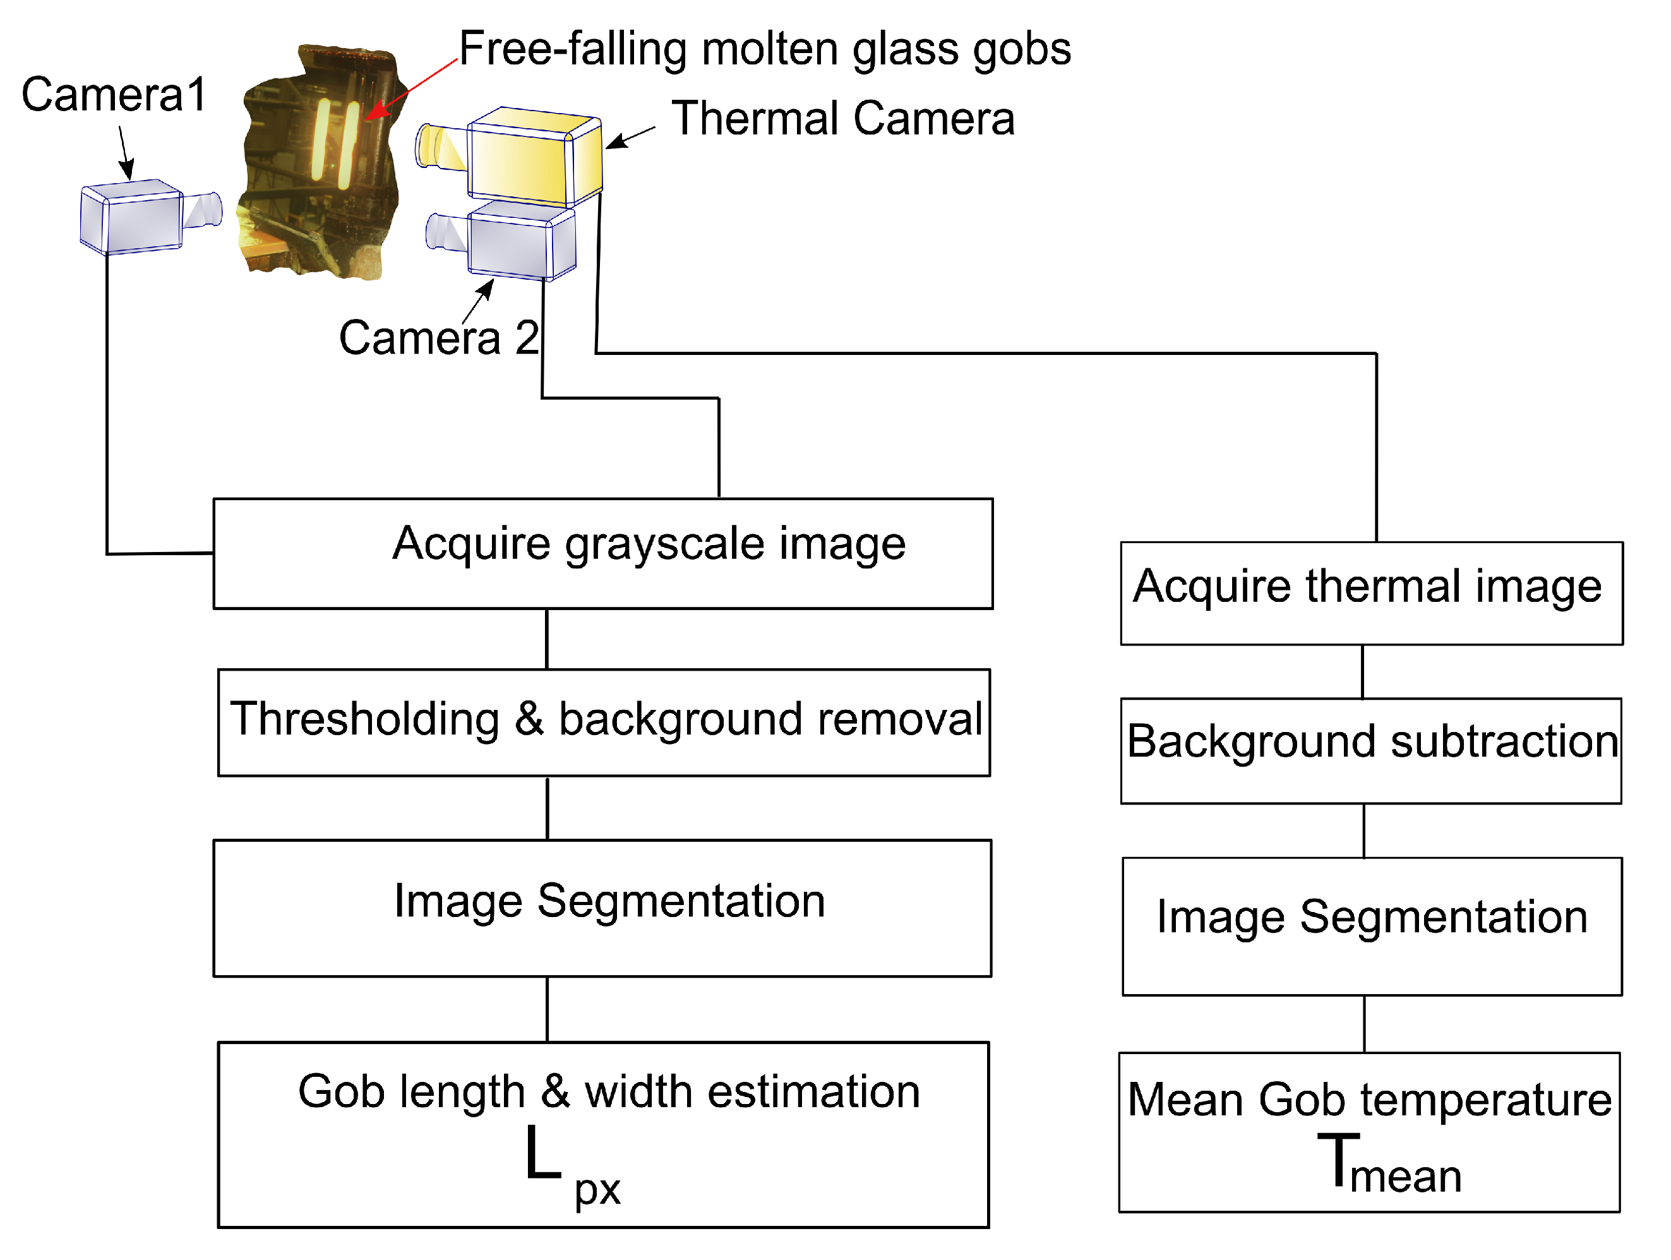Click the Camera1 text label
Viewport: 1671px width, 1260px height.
click(113, 95)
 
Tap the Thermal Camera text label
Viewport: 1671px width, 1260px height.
click(842, 119)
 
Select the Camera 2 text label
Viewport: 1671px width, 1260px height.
click(438, 338)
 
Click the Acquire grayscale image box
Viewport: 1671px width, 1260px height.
click(603, 554)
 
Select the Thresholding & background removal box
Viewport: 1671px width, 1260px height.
click(604, 722)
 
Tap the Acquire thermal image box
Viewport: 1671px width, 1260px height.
click(1371, 594)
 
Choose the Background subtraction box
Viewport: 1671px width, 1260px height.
click(1371, 751)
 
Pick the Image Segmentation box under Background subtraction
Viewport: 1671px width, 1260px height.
click(1372, 926)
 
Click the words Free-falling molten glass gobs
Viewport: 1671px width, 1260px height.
click(765, 49)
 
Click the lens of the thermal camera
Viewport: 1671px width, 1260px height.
click(438, 147)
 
